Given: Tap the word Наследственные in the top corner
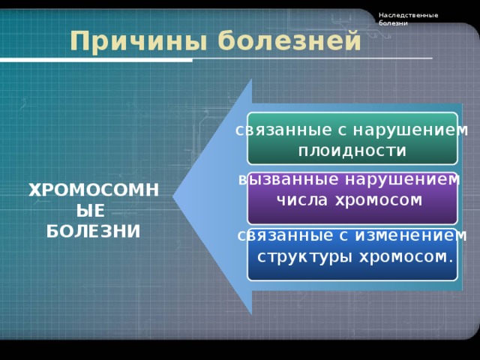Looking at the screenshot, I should point(408,15).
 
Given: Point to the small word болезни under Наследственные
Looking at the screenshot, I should point(393,23).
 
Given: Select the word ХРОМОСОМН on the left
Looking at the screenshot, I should point(94,190).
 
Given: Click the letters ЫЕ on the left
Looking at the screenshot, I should point(94,211).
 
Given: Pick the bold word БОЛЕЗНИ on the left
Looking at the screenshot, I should point(94,230).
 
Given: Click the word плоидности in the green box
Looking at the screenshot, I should point(352,151).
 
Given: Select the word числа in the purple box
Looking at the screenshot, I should point(302,200).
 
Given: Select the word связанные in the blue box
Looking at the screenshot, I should point(280,235).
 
